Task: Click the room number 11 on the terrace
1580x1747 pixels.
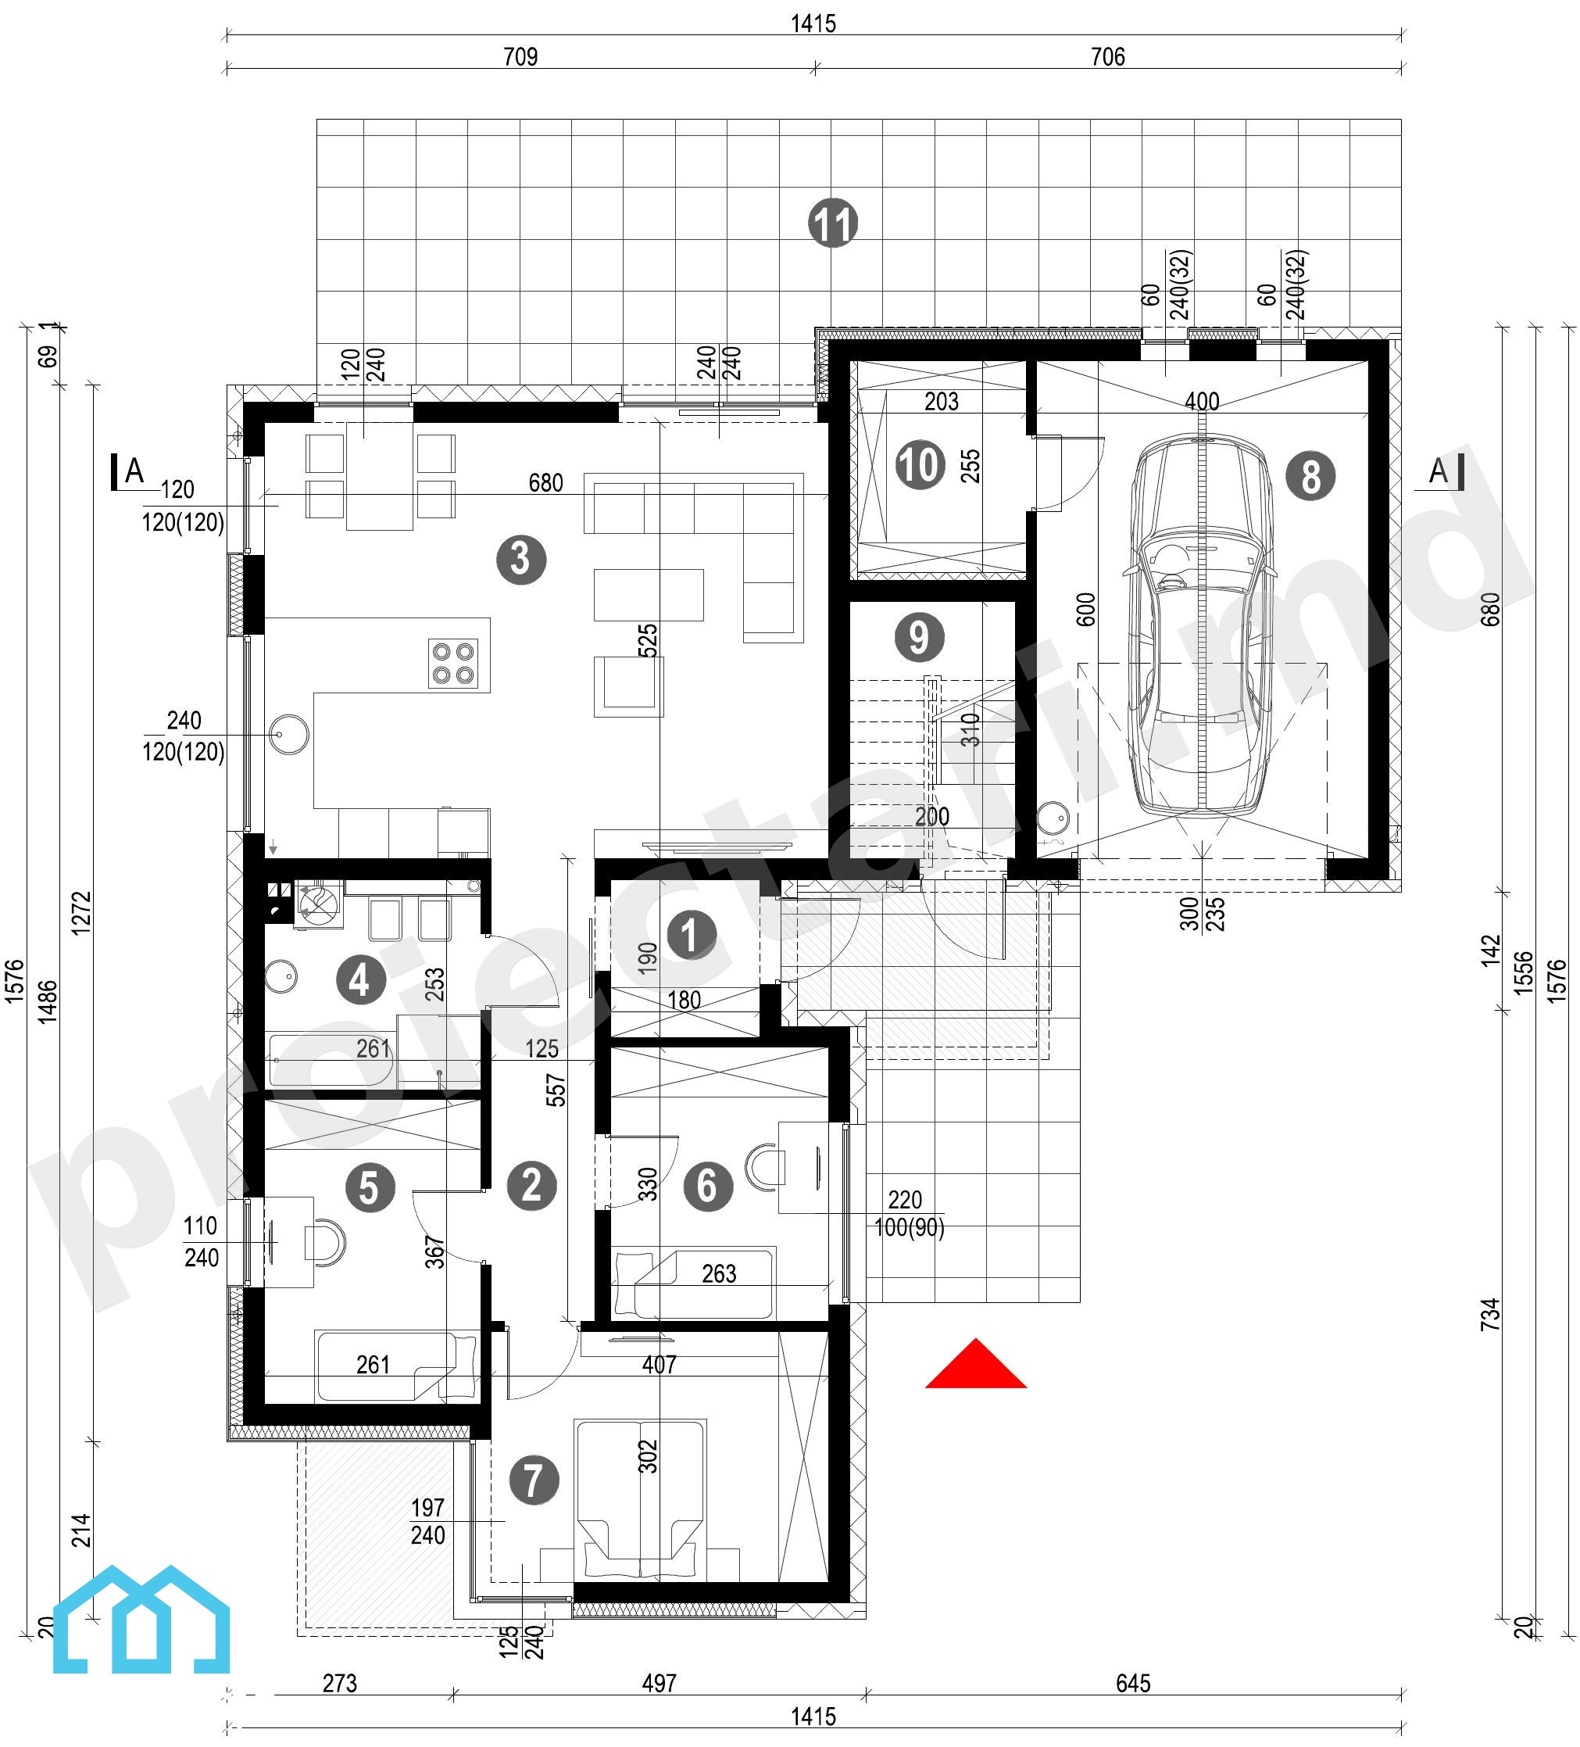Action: coord(832,223)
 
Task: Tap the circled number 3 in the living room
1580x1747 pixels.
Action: coord(520,559)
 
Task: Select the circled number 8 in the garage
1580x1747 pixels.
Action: coord(1310,476)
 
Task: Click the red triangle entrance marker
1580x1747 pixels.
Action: coord(975,1364)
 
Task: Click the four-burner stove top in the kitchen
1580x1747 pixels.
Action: coord(452,664)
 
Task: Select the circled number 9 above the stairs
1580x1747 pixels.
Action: coord(918,637)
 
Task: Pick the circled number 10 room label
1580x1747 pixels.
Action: coord(919,464)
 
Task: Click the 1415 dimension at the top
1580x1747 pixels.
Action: coord(813,23)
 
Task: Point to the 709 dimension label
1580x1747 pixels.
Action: coord(520,56)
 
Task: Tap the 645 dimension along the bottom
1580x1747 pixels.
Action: coord(1132,1683)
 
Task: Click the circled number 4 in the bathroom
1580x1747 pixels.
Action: coord(360,980)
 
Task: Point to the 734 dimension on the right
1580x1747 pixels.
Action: coord(1489,1315)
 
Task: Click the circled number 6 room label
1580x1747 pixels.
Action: coord(707,1186)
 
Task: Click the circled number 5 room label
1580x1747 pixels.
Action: coord(370,1187)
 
